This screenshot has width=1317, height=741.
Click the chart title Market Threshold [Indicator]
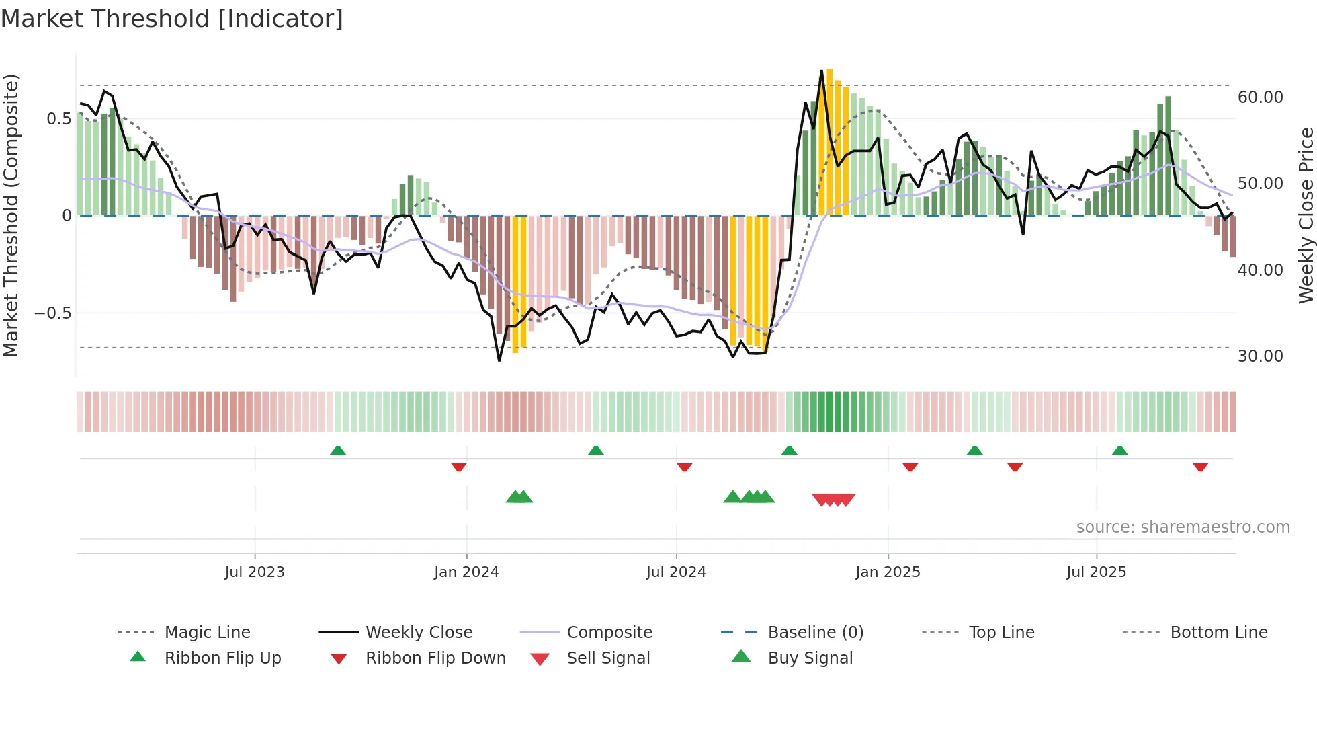click(172, 19)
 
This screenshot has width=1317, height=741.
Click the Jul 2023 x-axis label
click(255, 572)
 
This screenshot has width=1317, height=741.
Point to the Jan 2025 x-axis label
click(888, 572)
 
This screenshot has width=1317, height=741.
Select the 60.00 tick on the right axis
click(1260, 97)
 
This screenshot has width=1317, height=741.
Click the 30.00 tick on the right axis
click(1260, 356)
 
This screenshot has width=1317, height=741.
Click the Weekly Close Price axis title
click(1306, 215)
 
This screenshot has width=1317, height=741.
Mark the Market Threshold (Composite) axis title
click(11, 215)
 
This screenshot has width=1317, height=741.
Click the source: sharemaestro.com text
click(1183, 526)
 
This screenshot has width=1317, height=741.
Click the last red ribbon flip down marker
click(1200, 467)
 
